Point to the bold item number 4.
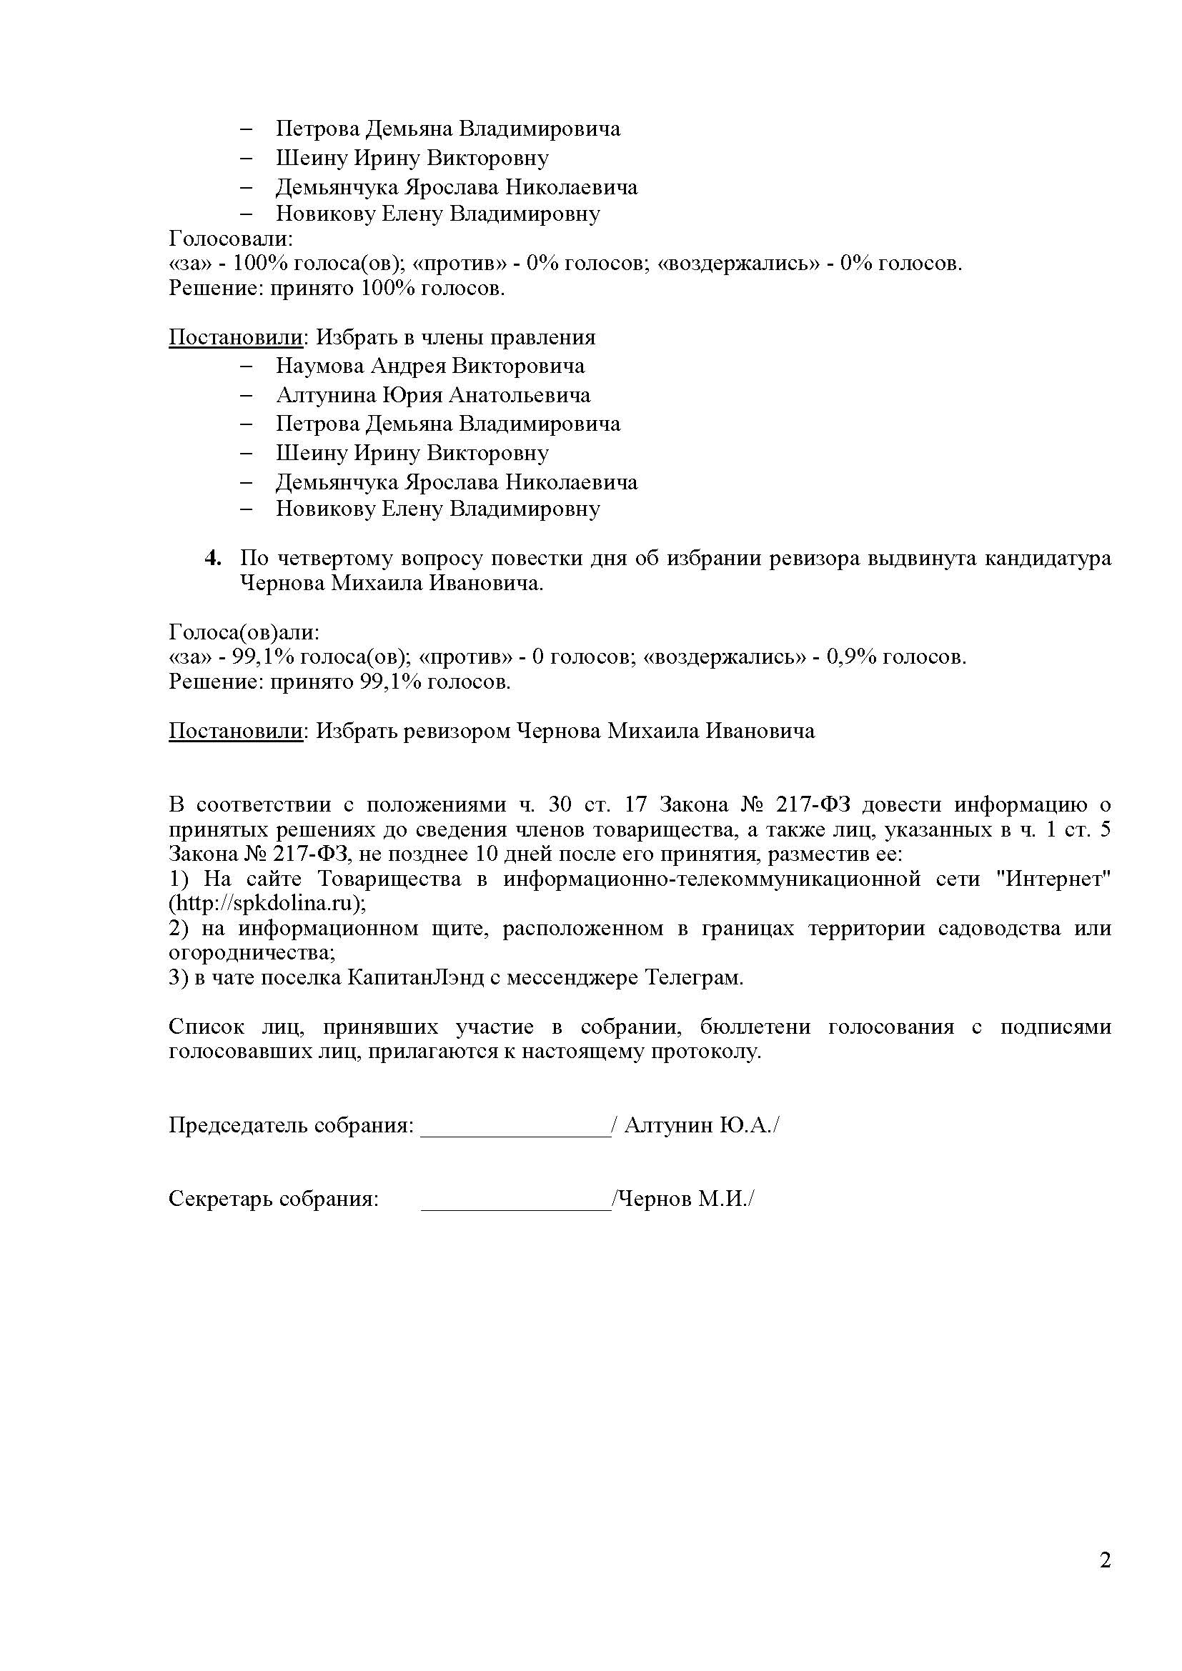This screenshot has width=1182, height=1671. tap(212, 558)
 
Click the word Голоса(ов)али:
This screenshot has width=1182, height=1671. tap(244, 632)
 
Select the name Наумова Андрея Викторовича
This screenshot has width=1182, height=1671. tap(429, 365)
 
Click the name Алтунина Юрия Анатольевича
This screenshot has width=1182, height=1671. tap(433, 395)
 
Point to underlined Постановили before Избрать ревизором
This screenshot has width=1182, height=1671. tap(235, 731)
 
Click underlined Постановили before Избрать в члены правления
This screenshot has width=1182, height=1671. tap(235, 337)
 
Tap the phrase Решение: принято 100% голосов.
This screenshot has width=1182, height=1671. tap(337, 288)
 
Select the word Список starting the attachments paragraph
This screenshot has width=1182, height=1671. tap(207, 1027)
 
